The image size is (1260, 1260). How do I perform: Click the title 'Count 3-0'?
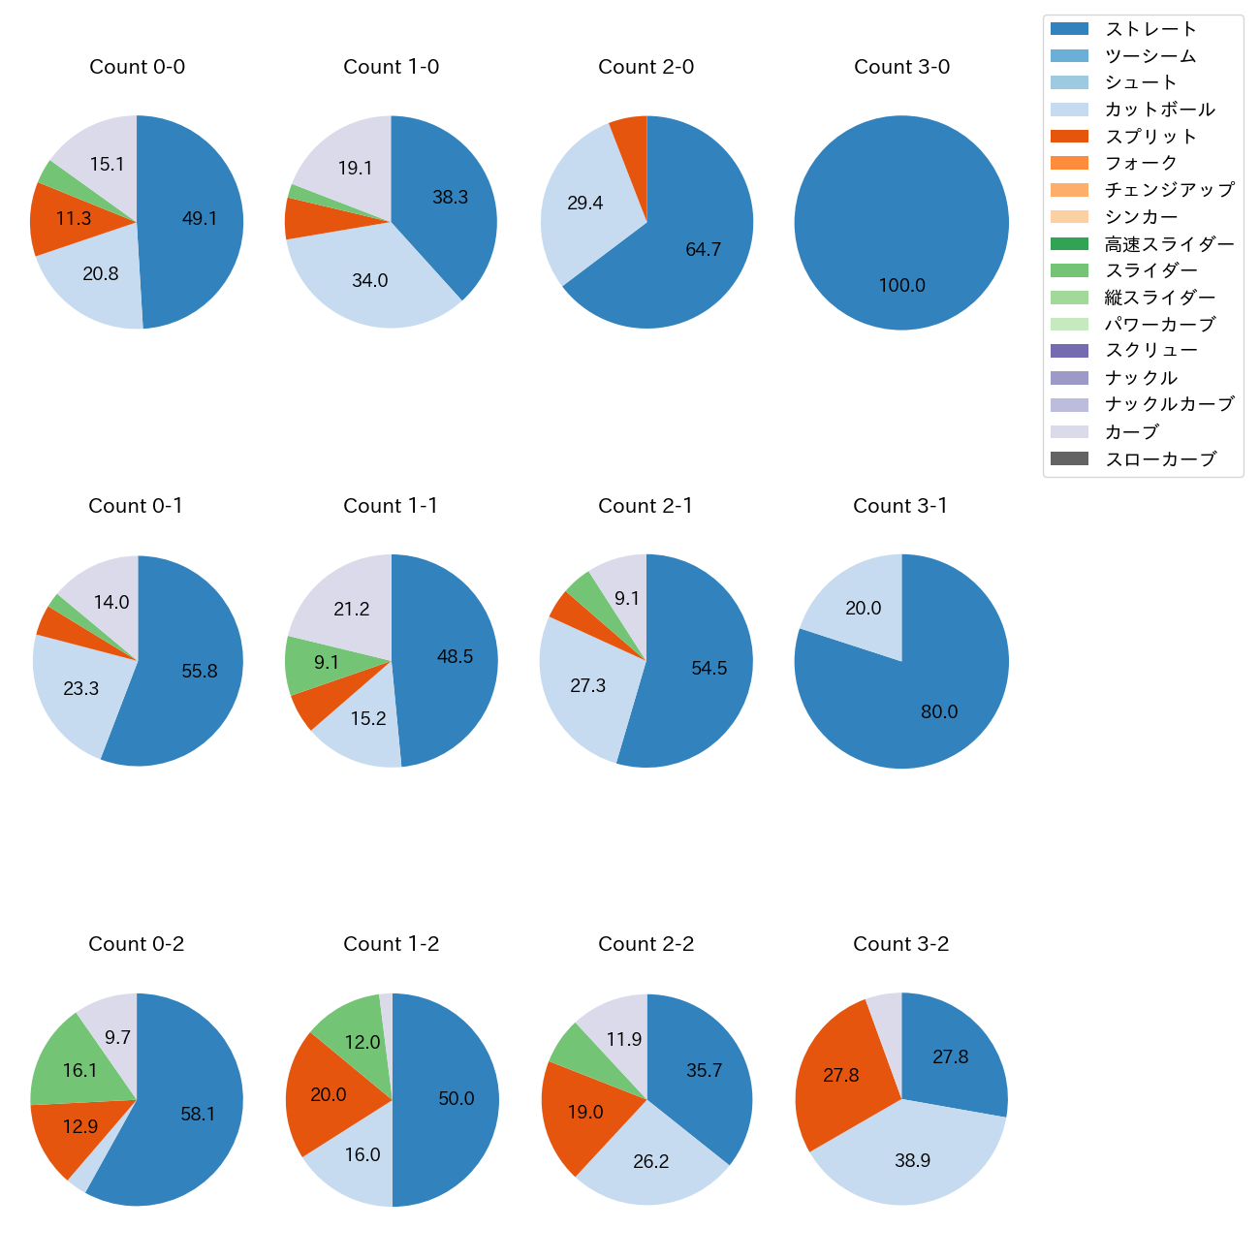[901, 67]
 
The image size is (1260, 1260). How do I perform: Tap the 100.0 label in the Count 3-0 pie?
[901, 285]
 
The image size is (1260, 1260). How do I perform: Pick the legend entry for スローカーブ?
[1160, 459]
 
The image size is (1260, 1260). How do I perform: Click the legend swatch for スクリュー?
[1069, 351]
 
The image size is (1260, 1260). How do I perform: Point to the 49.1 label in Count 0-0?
[200, 218]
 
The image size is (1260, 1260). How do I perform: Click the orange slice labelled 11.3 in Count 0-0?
[68, 219]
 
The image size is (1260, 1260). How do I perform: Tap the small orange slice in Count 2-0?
[631, 131]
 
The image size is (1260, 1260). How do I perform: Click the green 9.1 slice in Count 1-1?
[320, 663]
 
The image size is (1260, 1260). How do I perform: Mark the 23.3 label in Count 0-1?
[81, 688]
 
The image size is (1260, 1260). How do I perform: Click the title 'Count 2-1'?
[646, 506]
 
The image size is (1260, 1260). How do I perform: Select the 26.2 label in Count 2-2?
[651, 1161]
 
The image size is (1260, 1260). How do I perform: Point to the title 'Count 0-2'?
[136, 944]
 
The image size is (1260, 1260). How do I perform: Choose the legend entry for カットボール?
[1159, 110]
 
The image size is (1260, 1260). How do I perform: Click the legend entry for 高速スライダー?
[1169, 244]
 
